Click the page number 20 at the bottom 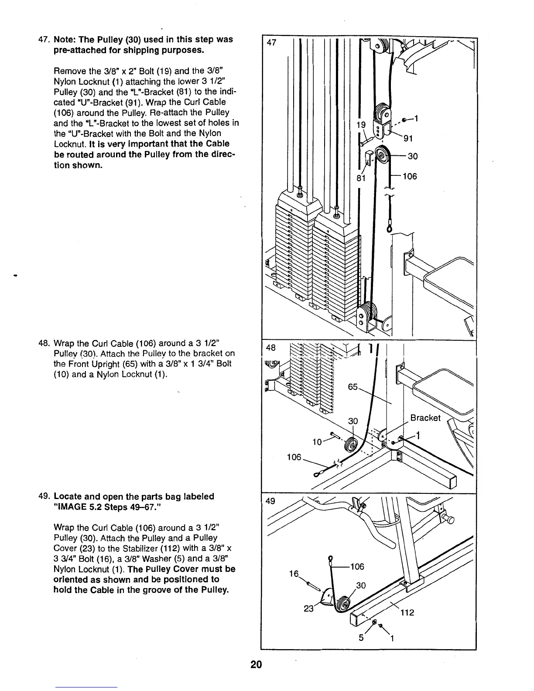click(x=256, y=664)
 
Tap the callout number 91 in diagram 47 click(x=408, y=139)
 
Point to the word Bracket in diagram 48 click(x=426, y=418)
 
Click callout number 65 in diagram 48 click(x=354, y=387)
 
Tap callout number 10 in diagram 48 click(x=318, y=441)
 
